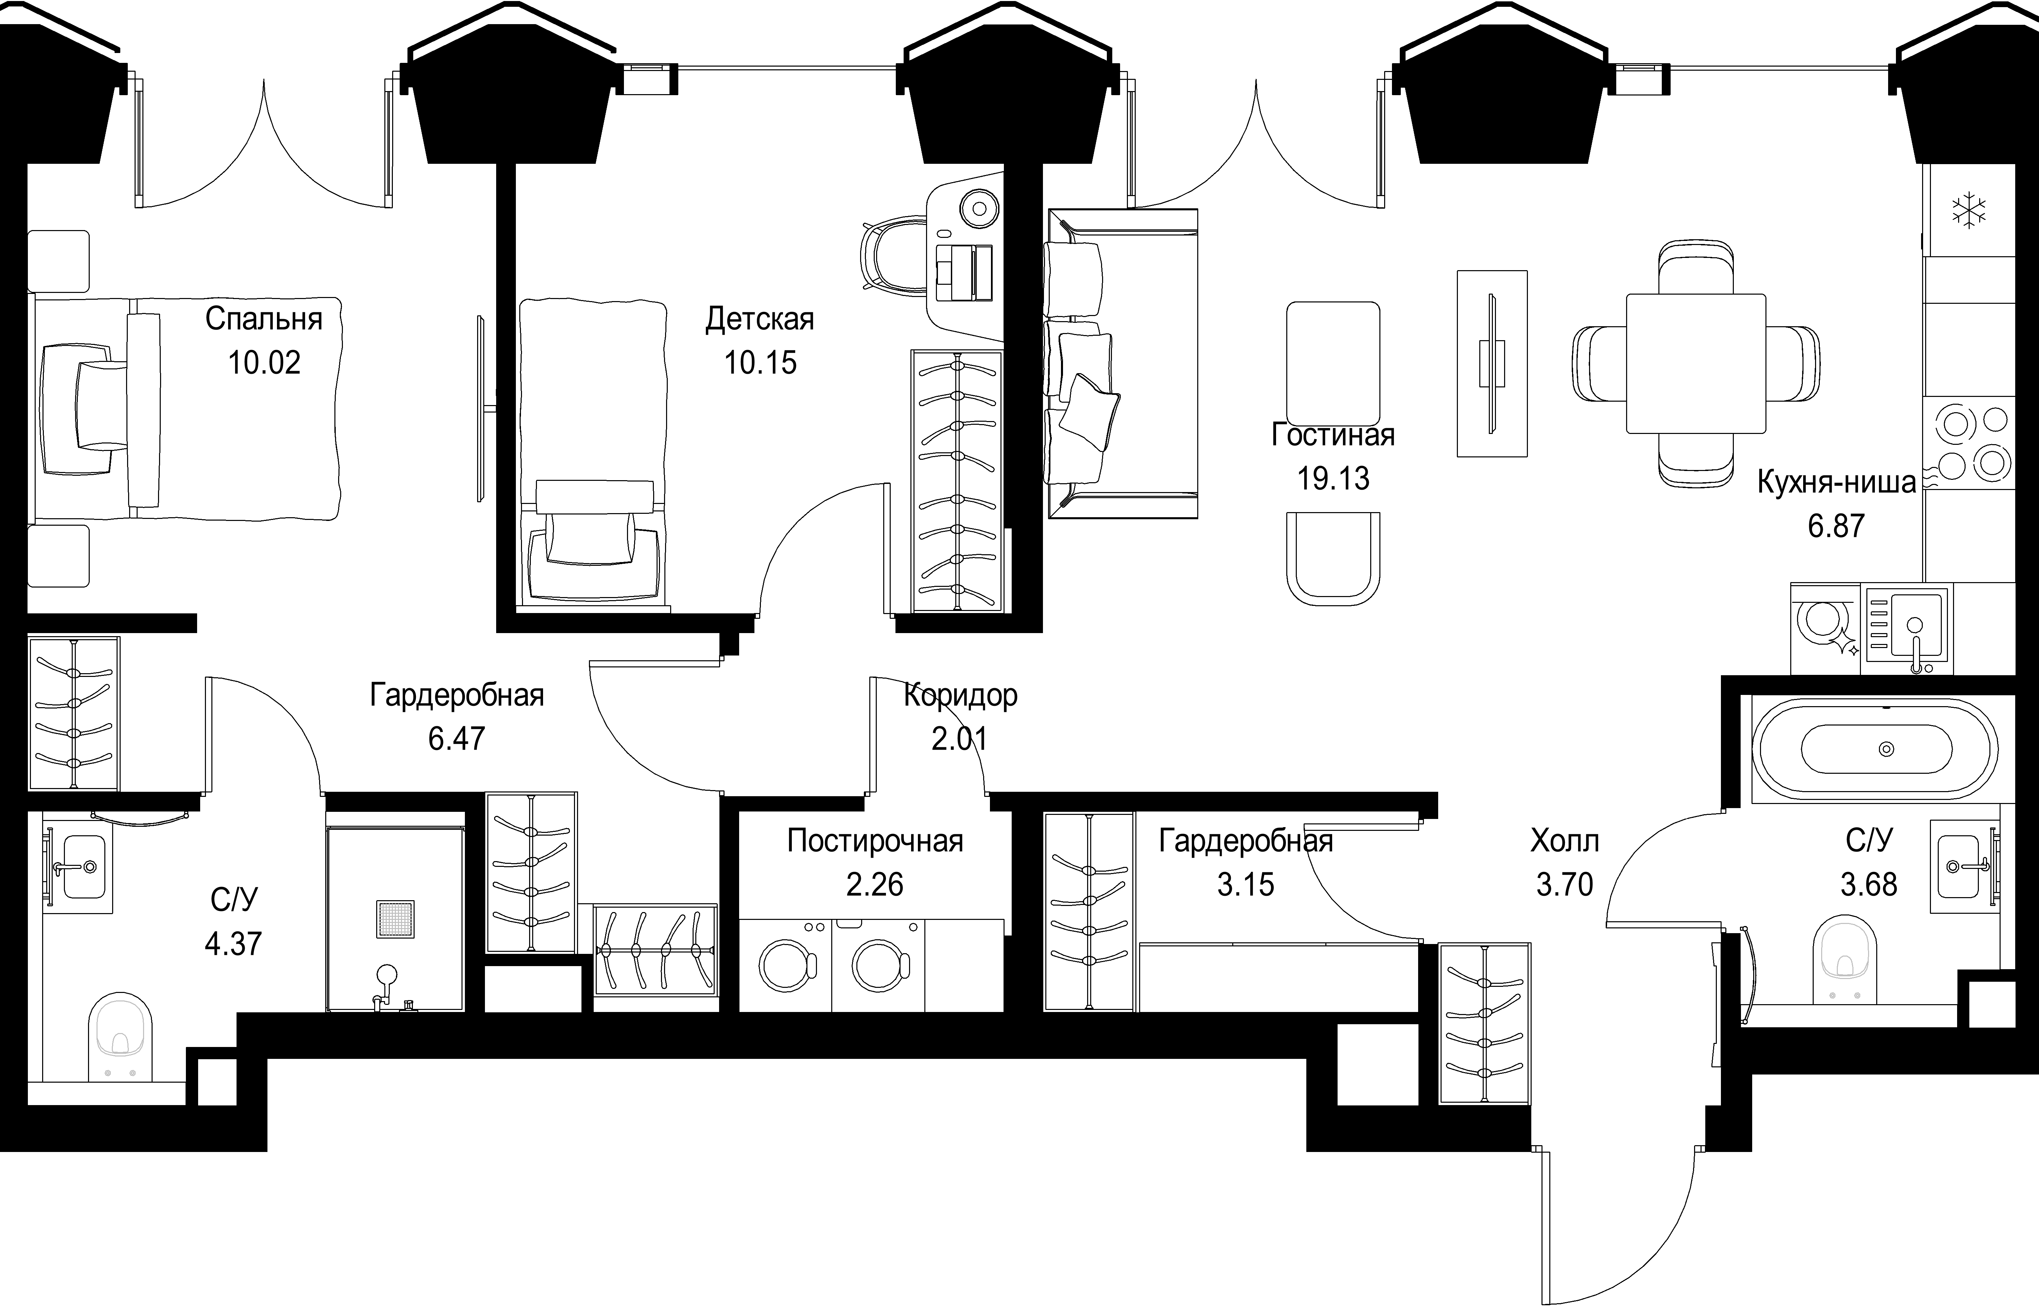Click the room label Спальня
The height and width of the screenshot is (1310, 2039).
pos(264,319)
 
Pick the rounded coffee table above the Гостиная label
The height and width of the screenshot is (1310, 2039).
pos(1333,364)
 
